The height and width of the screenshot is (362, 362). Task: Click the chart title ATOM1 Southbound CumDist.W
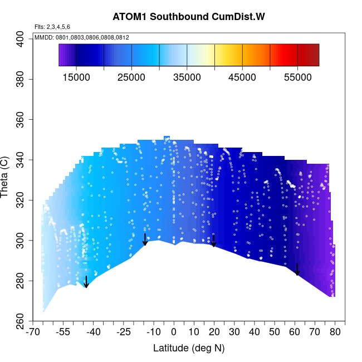pos(188,16)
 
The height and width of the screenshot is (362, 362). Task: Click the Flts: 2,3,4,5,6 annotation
pos(52,27)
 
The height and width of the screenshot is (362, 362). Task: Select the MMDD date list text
pos(82,37)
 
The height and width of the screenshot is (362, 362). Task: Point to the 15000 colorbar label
pos(76,77)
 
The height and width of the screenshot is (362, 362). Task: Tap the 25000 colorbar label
pos(131,77)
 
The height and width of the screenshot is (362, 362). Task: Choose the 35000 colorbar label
pos(187,77)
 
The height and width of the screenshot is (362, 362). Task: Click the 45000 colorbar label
pos(242,77)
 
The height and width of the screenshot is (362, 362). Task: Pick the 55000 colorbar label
pos(297,77)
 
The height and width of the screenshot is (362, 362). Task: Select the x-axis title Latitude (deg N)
pos(188,349)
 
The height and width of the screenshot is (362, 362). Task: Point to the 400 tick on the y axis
pos(22,38)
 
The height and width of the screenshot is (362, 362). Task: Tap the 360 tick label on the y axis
pos(22,119)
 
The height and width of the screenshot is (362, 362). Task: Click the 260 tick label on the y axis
pos(22,321)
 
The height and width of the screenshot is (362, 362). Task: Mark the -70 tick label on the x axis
pos(33,333)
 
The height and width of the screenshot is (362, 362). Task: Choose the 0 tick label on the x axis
pos(173,333)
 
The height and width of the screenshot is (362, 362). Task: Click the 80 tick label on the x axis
pos(335,333)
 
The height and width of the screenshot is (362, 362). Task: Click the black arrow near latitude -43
pos(86,282)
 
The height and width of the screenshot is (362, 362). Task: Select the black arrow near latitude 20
pos(213,241)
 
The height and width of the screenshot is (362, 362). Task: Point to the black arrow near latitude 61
pos(297,270)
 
